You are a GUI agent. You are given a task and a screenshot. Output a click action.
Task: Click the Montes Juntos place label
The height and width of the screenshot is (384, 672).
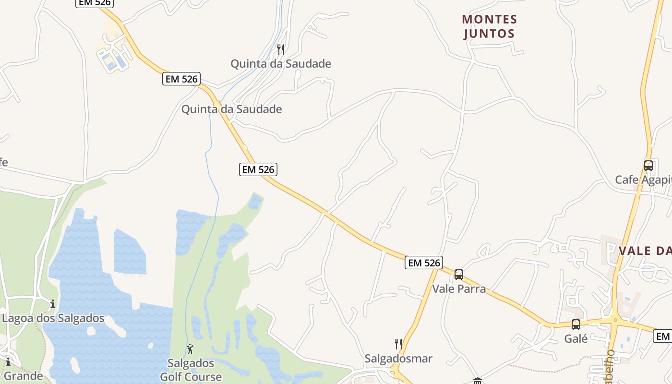[490, 26]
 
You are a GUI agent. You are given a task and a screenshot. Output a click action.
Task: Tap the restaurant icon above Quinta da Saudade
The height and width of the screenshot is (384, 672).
[281, 49]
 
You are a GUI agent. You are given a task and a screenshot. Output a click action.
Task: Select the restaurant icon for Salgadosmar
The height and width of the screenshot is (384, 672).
[398, 344]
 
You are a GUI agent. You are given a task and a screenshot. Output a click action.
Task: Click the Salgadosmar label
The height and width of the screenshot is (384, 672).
[398, 359]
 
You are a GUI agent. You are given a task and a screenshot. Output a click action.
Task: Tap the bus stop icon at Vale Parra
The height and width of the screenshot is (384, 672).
[459, 275]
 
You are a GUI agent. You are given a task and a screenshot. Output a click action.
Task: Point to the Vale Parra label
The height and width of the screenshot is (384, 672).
[459, 289]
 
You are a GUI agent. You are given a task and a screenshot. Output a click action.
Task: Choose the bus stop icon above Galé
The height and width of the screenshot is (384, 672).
[576, 324]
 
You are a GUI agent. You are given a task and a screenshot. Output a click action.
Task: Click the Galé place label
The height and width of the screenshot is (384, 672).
[576, 339]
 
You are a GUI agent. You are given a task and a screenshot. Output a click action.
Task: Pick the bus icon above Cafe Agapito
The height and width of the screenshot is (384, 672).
[648, 166]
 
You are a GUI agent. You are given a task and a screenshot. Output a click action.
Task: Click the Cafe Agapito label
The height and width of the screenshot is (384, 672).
[643, 180]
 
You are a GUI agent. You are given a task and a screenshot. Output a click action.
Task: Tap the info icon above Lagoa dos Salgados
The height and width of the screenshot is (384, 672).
[53, 304]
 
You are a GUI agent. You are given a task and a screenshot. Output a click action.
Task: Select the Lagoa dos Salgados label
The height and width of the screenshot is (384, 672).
[53, 318]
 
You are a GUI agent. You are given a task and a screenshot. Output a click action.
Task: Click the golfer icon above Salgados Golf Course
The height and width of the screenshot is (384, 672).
[190, 348]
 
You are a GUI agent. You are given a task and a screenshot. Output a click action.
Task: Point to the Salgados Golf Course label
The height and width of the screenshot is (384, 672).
[191, 370]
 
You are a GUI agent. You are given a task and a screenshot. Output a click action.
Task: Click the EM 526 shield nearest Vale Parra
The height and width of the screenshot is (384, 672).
[423, 263]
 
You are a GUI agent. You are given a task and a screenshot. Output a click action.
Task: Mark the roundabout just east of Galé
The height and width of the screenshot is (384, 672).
[615, 320]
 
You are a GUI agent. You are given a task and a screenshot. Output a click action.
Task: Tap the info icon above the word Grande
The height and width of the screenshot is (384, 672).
[8, 362]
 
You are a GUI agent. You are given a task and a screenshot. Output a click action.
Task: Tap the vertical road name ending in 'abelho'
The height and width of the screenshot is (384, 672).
[610, 367]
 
